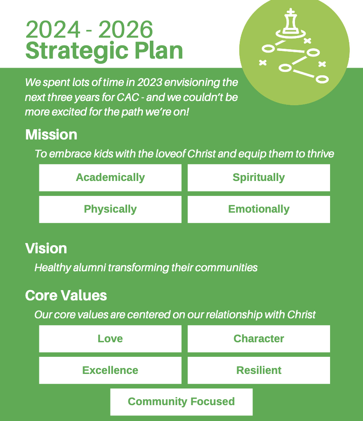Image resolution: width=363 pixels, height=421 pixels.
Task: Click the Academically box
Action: [110, 178]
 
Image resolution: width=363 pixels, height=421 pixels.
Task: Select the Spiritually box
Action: [259, 178]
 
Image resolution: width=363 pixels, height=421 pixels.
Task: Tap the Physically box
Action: [110, 209]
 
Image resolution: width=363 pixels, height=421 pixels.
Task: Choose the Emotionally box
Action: [259, 209]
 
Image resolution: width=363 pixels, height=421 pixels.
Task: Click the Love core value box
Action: [110, 338]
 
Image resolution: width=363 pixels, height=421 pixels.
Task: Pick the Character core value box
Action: [259, 338]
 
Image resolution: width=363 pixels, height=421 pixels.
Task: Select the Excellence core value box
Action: [110, 370]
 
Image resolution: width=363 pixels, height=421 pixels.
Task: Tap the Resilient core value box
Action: [259, 370]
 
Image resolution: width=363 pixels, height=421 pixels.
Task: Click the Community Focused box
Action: [181, 402]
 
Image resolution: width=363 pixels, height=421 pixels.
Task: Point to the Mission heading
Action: [51, 135]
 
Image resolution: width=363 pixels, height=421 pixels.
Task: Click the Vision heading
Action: [46, 249]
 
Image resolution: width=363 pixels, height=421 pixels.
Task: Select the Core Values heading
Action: [66, 296]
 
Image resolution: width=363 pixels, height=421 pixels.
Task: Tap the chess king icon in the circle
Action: [291, 24]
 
